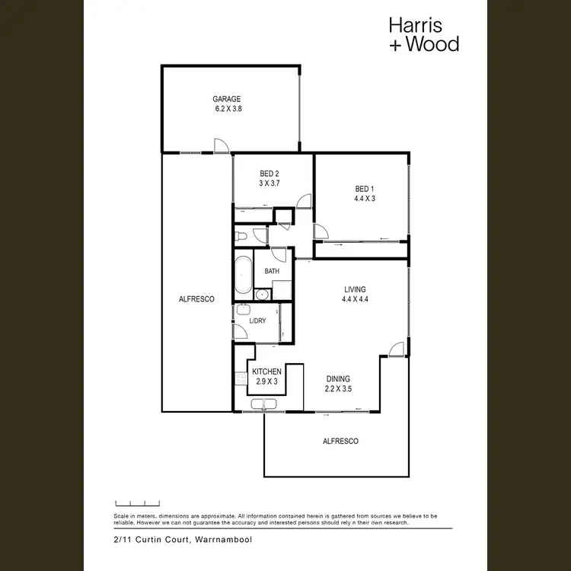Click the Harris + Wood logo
point(424,34)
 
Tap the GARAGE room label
point(226,99)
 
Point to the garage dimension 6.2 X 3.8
point(226,109)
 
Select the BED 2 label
point(270,174)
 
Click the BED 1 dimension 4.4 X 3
point(365,199)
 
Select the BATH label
point(272,271)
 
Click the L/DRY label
point(257,321)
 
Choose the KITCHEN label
point(266,372)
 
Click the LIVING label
point(355,289)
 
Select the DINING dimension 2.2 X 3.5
point(339,388)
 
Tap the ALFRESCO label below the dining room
point(340,441)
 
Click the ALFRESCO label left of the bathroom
point(196,299)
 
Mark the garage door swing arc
point(220,146)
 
